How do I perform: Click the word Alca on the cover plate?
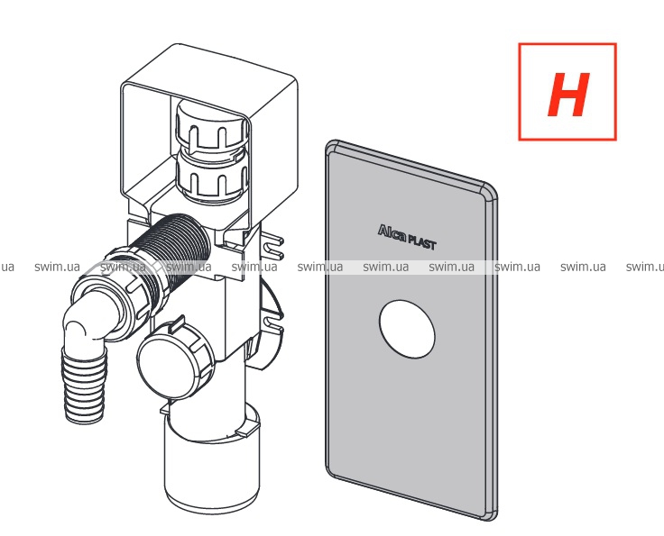[392, 232]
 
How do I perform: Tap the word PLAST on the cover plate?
[421, 242]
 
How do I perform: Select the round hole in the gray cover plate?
[407, 329]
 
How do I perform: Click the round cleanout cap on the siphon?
[171, 360]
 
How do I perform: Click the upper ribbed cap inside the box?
[212, 123]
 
